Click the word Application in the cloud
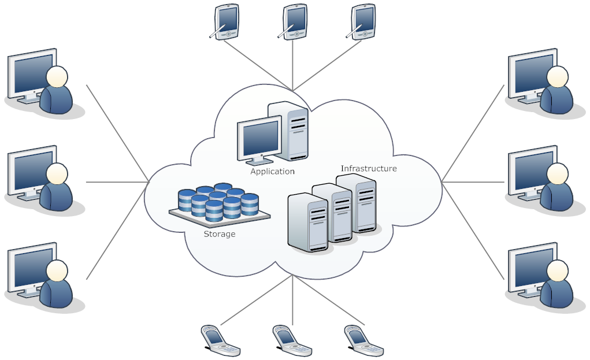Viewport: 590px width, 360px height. point(272,172)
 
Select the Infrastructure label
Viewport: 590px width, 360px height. point(369,169)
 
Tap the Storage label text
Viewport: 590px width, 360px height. point(219,235)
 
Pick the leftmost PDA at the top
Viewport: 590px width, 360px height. point(226,21)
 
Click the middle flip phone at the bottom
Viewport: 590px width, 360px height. point(291,340)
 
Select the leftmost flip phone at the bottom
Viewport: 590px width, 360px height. point(220,340)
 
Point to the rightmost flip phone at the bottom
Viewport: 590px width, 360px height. point(363,340)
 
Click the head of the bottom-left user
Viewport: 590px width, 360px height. point(57,270)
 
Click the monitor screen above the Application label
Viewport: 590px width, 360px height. point(259,137)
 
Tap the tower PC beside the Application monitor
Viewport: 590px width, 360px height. point(292,129)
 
